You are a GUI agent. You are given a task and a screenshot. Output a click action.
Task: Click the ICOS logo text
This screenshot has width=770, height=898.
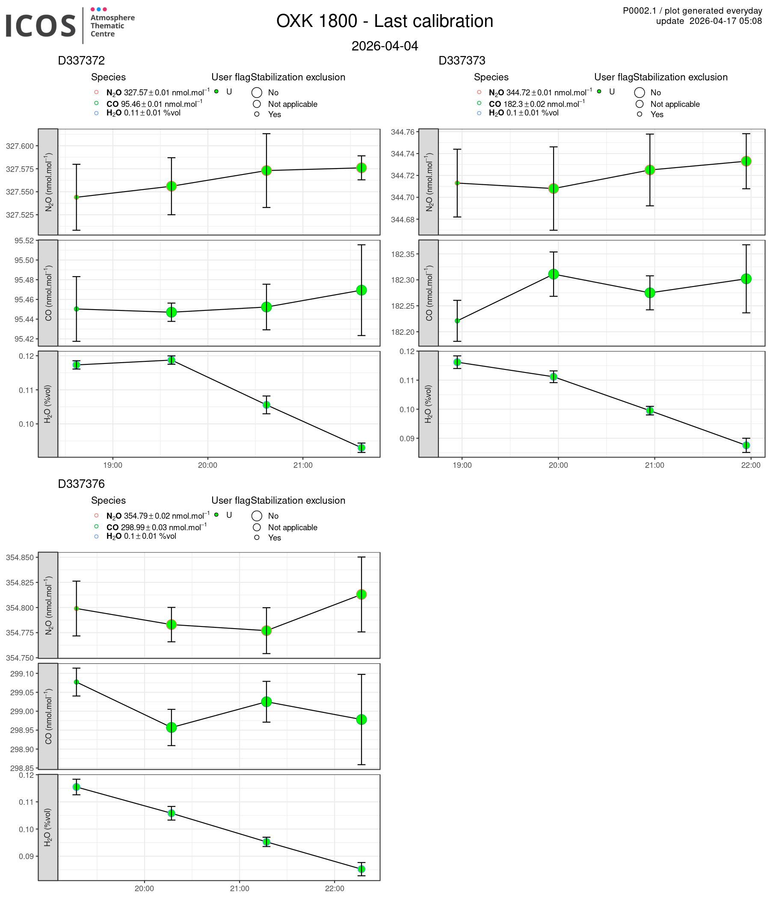41,26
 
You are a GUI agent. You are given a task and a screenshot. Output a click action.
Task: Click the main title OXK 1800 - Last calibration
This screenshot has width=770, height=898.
385,21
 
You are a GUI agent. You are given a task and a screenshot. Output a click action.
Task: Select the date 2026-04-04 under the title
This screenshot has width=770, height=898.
385,46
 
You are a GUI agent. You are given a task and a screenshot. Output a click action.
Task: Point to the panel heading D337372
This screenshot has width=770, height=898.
82,61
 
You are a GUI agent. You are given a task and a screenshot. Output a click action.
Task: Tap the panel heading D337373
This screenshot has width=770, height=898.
462,61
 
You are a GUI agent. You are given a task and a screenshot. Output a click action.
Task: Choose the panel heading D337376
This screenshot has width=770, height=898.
82,484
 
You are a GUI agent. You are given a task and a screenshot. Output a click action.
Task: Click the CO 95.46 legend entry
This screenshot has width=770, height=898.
154,104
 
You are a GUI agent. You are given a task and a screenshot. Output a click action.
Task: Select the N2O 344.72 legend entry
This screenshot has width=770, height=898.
540,93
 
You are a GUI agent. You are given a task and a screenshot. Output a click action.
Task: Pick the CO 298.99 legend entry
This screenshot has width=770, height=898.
156,527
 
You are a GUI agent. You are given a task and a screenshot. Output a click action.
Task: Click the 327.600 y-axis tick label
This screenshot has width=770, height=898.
20,146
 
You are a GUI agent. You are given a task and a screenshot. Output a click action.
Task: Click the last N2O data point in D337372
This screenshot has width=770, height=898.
361,168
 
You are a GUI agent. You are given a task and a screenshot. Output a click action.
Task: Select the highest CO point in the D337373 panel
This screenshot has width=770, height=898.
553,274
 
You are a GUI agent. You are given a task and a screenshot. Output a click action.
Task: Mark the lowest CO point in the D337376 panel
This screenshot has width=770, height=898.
171,728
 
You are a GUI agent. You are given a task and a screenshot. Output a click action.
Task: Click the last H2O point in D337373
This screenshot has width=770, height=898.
746,445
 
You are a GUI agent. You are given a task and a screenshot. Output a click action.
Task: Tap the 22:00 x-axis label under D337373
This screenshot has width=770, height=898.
750,466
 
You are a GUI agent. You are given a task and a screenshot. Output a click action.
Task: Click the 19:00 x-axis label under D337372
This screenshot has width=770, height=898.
113,466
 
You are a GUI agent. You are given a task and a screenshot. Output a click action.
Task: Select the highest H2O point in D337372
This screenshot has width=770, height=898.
171,360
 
